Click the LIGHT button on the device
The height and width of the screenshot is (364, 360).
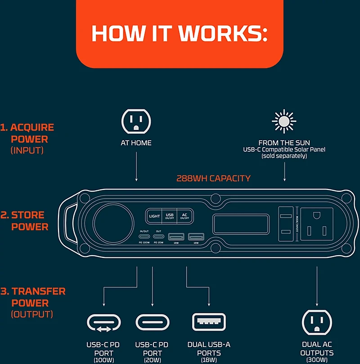point(154,216)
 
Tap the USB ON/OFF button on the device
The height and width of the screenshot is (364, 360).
point(170,216)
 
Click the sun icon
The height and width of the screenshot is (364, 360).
point(284,121)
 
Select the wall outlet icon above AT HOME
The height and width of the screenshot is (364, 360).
point(136,121)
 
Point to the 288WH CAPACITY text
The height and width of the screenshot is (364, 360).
point(213,179)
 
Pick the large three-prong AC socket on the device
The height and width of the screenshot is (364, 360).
point(316,223)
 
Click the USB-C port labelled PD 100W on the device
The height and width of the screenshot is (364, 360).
point(144,236)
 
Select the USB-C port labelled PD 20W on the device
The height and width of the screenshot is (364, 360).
point(158,236)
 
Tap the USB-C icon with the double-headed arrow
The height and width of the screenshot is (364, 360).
point(104,323)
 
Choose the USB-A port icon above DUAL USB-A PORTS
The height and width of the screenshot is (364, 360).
point(209,322)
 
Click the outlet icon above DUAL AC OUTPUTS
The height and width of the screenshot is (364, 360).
point(317,322)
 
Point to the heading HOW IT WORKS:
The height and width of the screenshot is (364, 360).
point(180,34)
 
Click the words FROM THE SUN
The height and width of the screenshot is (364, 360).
point(284,143)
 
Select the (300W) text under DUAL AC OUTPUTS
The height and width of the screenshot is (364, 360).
point(317,360)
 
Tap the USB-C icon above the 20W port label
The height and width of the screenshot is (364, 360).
point(152,323)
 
